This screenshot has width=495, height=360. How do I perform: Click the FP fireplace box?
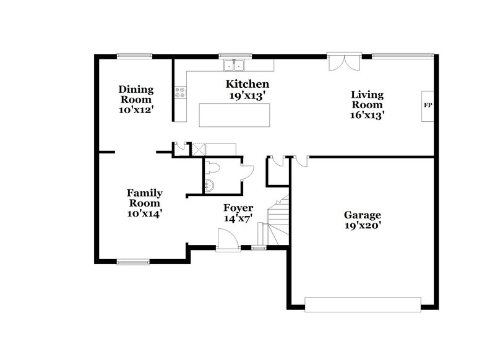(428, 106)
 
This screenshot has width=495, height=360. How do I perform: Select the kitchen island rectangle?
(235, 115)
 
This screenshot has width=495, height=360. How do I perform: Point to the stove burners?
(181, 93)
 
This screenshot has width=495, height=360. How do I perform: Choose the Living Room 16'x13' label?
(368, 104)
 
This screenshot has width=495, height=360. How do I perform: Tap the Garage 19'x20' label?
(363, 220)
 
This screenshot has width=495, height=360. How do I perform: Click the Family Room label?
(145, 202)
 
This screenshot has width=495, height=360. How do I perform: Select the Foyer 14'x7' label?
(238, 213)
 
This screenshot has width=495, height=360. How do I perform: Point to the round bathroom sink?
(209, 184)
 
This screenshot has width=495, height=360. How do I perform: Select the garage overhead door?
(363, 304)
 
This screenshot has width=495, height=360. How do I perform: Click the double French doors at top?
(343, 62)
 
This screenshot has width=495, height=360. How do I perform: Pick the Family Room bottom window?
(134, 262)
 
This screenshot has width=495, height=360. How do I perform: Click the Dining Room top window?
(136, 56)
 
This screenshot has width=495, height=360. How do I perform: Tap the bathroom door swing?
(246, 171)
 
